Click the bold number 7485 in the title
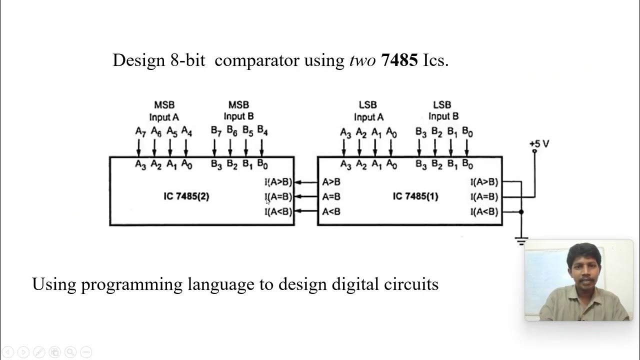coord(399,60)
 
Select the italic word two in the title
coord(362,60)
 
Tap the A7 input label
coord(140,132)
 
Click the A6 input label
coord(156,132)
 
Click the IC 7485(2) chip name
coord(186,196)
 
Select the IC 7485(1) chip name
coord(415,196)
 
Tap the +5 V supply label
coord(539,144)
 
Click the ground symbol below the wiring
coord(521,242)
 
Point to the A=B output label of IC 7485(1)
coord(331,197)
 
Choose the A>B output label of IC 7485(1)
coord(331,182)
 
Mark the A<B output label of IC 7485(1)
coord(331,211)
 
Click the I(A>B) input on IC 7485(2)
coord(278,182)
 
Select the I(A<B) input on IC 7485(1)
coord(484,212)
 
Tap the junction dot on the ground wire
coord(521,212)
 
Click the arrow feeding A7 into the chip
coord(139,148)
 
